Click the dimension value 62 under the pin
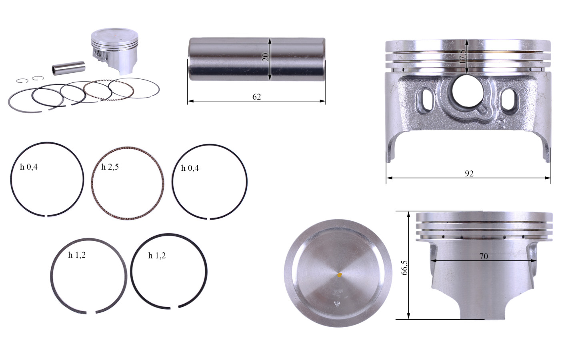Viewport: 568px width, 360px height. [256, 97]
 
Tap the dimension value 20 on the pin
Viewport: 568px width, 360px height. [266, 57]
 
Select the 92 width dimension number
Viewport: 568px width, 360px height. [469, 174]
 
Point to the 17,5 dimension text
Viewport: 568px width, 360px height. [462, 56]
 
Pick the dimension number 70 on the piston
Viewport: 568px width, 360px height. [484, 256]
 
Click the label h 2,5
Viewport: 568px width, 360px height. [110, 167]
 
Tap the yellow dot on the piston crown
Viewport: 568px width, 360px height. [340, 275]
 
